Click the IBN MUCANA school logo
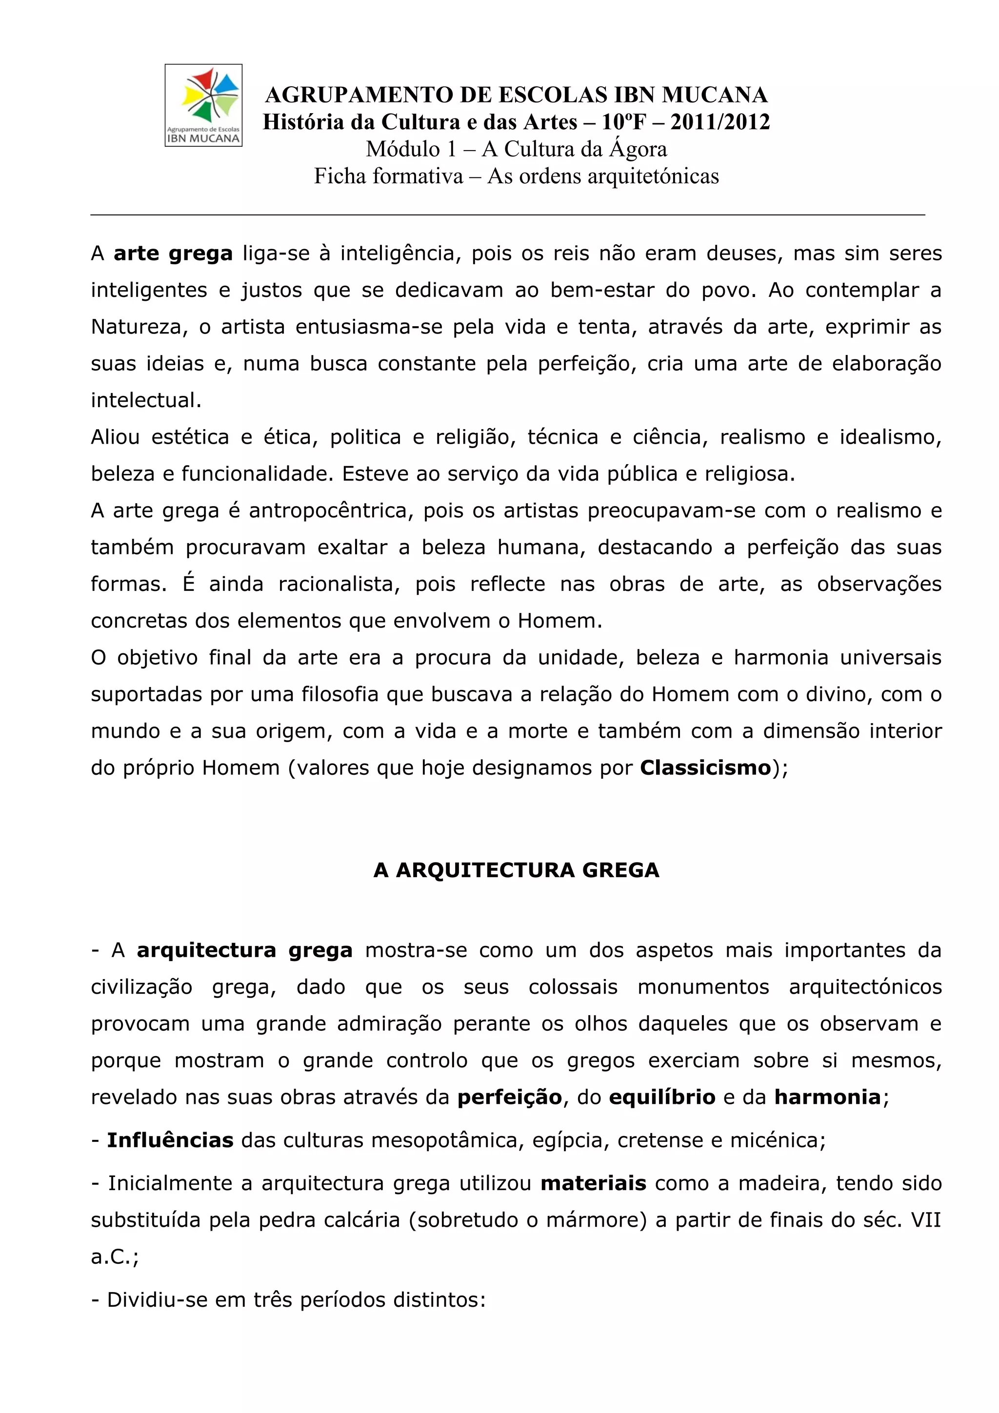(203, 105)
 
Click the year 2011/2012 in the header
(720, 122)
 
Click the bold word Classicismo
(705, 768)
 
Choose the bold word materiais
(593, 1183)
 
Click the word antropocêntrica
(331, 511)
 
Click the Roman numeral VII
(926, 1220)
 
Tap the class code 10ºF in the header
(625, 122)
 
